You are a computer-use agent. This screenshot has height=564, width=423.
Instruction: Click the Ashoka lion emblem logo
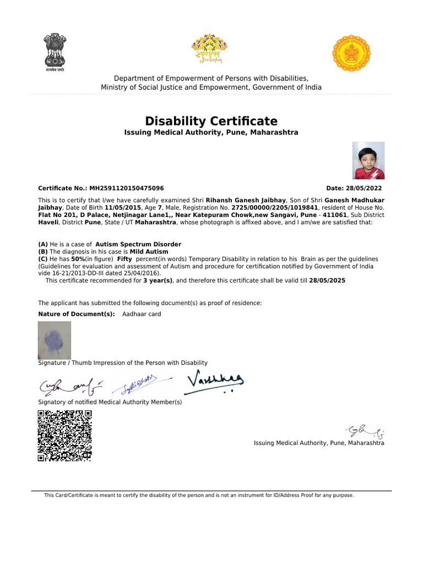(x=55, y=52)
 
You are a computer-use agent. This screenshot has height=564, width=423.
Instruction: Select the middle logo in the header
(x=209, y=50)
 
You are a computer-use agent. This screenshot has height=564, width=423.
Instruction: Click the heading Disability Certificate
(x=211, y=121)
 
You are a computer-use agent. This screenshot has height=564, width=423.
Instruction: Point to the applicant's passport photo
(x=368, y=161)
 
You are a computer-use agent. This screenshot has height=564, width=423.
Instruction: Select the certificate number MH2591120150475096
(x=127, y=188)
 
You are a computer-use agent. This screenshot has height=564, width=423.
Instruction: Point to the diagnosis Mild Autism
(x=149, y=251)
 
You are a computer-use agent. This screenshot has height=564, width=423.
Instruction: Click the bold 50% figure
(x=77, y=259)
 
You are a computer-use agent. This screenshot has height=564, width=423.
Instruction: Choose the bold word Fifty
(x=124, y=259)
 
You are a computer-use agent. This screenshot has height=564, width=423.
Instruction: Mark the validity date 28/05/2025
(x=327, y=280)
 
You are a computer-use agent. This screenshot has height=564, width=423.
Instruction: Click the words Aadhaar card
(x=142, y=314)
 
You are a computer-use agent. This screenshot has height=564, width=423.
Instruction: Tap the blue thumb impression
(x=54, y=340)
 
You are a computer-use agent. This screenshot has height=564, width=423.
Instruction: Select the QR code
(x=64, y=435)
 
